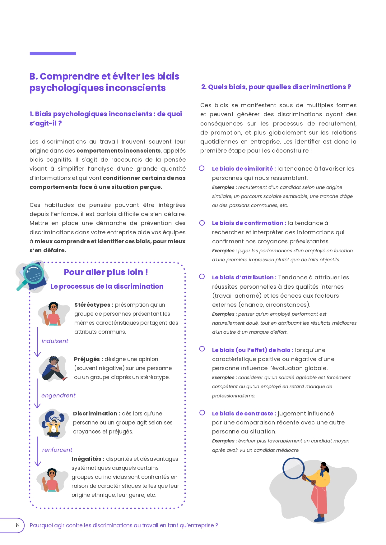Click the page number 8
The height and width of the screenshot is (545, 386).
point(17,525)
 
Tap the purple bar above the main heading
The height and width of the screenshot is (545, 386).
point(53,54)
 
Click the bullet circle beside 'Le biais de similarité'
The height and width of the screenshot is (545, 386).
point(202,168)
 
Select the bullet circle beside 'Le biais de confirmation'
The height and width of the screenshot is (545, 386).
point(202,223)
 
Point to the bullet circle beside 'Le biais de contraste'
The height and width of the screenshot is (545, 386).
point(202,413)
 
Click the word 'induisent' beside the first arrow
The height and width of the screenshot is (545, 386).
point(55,341)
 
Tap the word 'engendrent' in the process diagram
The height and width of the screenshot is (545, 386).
point(58,396)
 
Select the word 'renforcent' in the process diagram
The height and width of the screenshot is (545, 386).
point(57,450)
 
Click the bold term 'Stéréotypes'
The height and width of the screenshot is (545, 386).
point(92,305)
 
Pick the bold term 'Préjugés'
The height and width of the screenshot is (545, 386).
point(87,359)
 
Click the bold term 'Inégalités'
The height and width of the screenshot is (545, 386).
point(86,459)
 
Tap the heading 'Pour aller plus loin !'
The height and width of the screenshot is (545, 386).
point(106,272)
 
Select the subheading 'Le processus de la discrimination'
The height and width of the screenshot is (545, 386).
point(107,286)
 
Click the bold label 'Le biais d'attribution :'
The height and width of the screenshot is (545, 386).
point(244,277)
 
